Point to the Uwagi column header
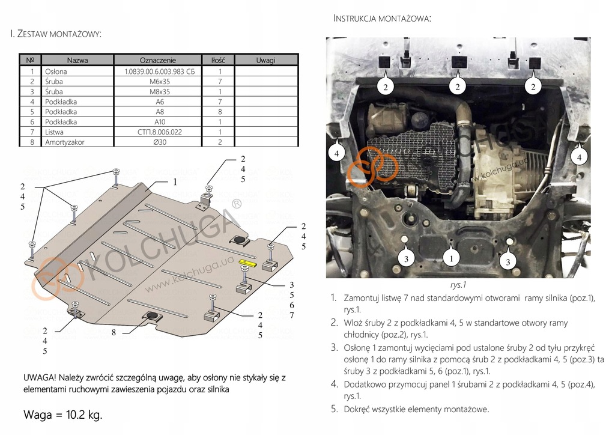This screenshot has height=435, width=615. pyautogui.click(x=265, y=60)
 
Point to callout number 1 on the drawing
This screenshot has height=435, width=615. pyautogui.click(x=175, y=181)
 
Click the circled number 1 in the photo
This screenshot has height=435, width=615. pyautogui.click(x=450, y=258)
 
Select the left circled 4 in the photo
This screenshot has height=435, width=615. pyautogui.click(x=336, y=153)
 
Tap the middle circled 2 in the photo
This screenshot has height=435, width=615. pyautogui.click(x=458, y=87)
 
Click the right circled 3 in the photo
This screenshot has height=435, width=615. pyautogui.click(x=507, y=261)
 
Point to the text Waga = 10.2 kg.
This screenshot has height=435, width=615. pyautogui.click(x=63, y=415)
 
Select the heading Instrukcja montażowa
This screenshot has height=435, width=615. pyautogui.click(x=382, y=19)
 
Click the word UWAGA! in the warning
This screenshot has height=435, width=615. pyautogui.click(x=41, y=377)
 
